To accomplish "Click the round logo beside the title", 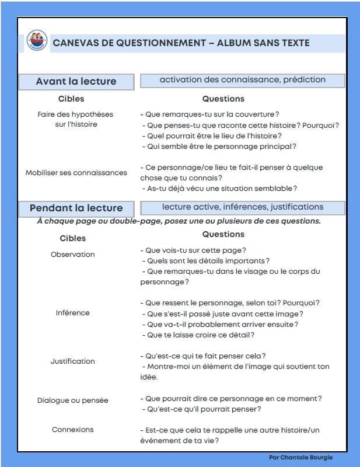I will click(x=37, y=41).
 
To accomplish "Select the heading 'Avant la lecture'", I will click(x=76, y=82).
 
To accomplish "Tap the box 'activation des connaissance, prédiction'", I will click(x=242, y=80).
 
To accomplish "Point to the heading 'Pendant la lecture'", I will click(x=76, y=208).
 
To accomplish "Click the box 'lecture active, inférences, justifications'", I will click(x=242, y=207).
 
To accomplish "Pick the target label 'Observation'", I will click(x=72, y=255).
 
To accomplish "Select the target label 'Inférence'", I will click(x=72, y=313).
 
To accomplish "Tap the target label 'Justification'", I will click(x=72, y=361).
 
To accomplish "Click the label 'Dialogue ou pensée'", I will click(x=72, y=400).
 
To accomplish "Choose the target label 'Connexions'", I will click(x=72, y=430).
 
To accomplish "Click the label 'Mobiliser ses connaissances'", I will click(x=76, y=173).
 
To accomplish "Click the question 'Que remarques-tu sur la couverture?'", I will click(x=209, y=114).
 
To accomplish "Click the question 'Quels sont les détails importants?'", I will click(x=208, y=261).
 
